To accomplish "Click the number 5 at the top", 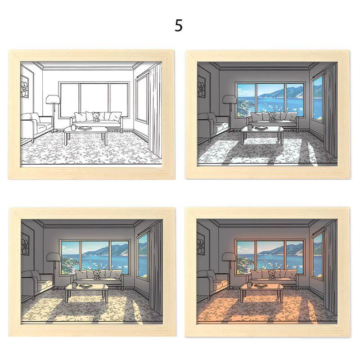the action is [179, 26].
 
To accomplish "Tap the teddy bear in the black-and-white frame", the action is [96, 117].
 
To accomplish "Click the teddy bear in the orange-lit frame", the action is [272, 274].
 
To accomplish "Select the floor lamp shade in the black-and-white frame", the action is [53, 99].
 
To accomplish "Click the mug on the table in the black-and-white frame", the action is [73, 127].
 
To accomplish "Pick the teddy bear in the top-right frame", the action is [272, 117].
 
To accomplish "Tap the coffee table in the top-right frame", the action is [262, 134].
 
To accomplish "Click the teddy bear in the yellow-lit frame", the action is [97, 274].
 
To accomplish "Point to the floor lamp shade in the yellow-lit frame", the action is [54, 257].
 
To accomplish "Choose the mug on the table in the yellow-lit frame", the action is [74, 285].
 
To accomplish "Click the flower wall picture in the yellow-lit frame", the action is [25, 245].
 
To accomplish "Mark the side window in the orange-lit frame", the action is [317, 255].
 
